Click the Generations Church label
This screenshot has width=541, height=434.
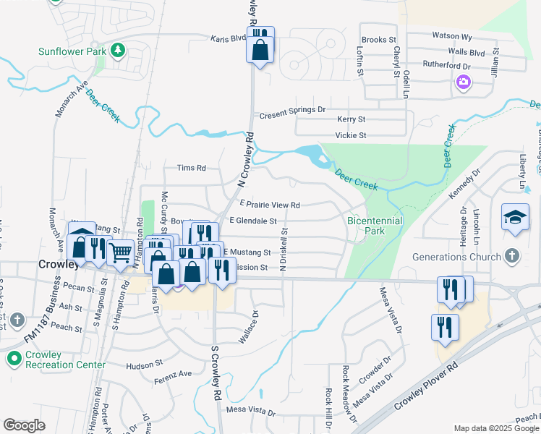[456, 257]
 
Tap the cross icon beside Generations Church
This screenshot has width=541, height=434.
[512, 256]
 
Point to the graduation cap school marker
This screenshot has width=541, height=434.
[515, 217]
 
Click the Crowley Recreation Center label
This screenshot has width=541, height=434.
[66, 359]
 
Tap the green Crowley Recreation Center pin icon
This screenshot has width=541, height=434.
[13, 358]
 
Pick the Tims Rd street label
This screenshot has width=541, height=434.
[192, 168]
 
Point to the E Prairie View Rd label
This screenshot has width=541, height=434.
[269, 205]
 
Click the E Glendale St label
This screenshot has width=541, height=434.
[253, 220]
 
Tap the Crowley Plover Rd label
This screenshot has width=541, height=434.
[427, 389]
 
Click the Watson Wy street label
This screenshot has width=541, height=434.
[451, 35]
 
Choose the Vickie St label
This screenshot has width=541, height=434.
[351, 135]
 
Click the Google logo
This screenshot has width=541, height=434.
[24, 425]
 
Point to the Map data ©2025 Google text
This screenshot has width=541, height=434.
[495, 428]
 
